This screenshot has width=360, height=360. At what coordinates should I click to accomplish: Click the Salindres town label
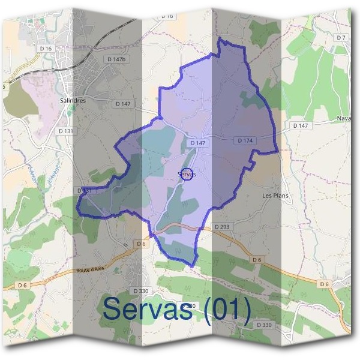[x=73, y=101]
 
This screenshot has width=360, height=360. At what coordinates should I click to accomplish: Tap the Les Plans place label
[x=275, y=196]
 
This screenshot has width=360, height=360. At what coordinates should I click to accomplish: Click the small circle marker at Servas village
[x=187, y=174]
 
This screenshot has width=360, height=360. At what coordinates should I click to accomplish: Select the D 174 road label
[x=245, y=140]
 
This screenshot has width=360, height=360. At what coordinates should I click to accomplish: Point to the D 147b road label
[x=116, y=59]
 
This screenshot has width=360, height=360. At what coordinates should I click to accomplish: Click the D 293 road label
[x=222, y=227]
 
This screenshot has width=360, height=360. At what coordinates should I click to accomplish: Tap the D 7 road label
[x=341, y=37]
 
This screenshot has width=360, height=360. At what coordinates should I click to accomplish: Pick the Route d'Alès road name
[x=90, y=271]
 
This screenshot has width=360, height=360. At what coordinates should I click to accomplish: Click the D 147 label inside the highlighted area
[x=197, y=143]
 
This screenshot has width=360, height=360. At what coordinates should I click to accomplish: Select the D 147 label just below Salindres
[x=123, y=104]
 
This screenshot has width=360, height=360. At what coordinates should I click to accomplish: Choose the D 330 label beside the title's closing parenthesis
[x=264, y=325]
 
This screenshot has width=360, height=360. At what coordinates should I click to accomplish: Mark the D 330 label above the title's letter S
[x=140, y=291]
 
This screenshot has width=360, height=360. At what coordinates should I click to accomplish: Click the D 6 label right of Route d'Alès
[x=142, y=244]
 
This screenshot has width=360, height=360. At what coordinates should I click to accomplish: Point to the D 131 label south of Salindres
[x=65, y=130]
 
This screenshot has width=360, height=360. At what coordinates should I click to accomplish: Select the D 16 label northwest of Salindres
[x=46, y=47]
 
